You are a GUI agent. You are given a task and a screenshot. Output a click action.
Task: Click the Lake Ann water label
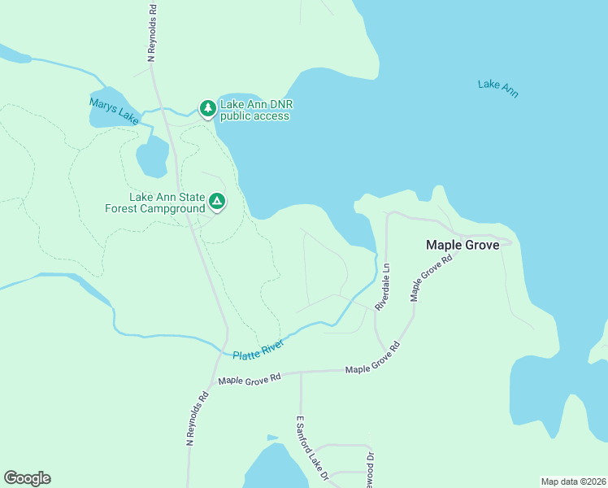497,89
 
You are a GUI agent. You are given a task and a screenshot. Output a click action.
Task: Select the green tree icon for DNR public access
208,108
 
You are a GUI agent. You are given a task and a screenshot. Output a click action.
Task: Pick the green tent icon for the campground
216,201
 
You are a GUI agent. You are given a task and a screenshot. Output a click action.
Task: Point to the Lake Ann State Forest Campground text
155,203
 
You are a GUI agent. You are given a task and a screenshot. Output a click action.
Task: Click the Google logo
27,478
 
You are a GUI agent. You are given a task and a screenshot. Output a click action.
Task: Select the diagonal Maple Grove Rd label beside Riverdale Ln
431,278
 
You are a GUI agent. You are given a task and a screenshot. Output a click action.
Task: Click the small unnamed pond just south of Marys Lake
152,157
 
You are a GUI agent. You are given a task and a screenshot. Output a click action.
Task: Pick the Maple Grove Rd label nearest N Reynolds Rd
250,378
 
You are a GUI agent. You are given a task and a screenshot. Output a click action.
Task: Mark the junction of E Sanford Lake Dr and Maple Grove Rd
301,373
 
